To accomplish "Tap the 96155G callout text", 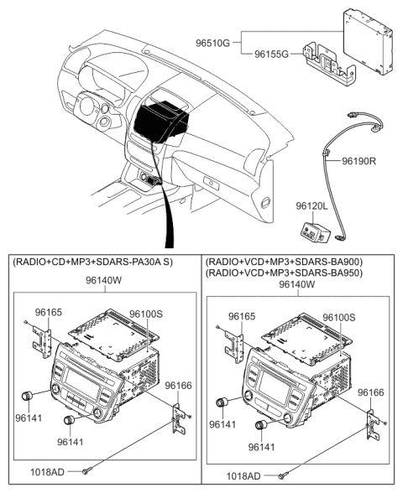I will pos(274,54).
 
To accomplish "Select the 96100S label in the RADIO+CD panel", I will pos(148,314).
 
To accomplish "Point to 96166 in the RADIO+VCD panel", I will pos(373,392).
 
